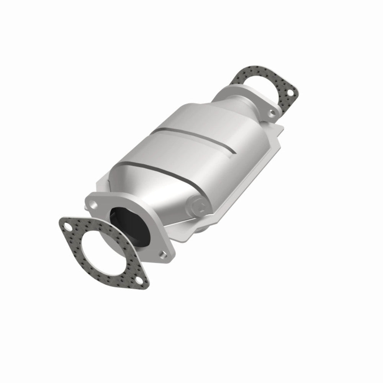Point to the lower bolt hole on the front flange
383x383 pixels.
pyautogui.click(x=164, y=253)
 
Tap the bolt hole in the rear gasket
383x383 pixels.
pyautogui.click(x=290, y=93)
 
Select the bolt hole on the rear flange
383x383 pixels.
pyautogui.click(x=272, y=113)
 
